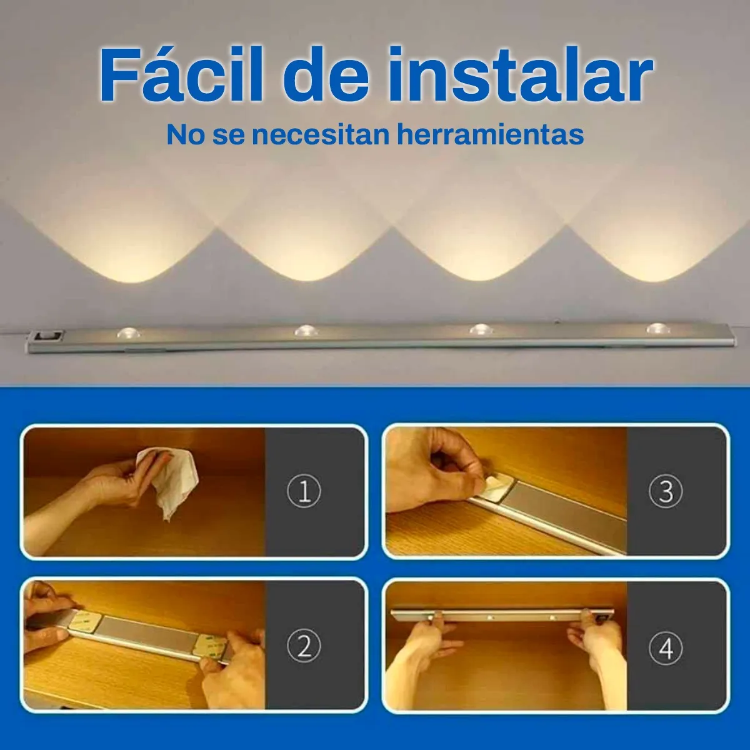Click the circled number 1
click(304, 492)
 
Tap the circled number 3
click(666, 492)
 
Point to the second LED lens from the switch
click(305, 331)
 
